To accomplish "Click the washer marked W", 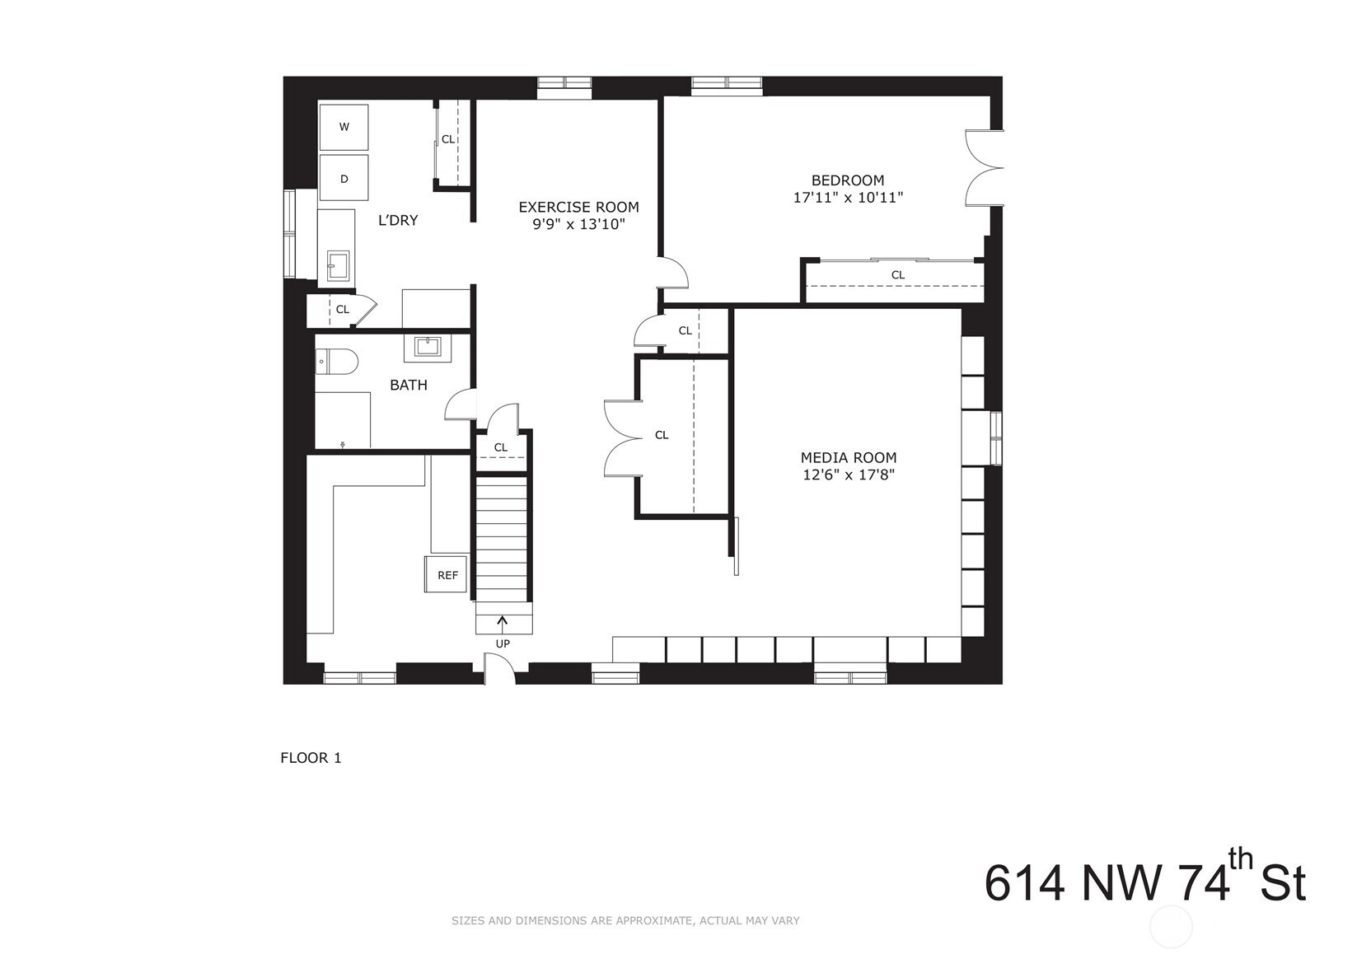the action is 344,127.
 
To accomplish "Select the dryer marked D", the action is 344,177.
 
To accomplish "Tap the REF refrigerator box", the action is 446,574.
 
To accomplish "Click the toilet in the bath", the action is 338,363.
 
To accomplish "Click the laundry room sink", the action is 338,267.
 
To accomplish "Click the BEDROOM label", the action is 848,180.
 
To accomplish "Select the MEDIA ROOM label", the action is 848,458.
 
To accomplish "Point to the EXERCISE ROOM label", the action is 578,207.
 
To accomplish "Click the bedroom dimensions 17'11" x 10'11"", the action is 848,198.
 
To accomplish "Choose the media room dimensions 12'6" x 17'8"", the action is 849,475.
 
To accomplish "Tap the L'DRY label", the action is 398,221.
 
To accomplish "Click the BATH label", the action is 409,386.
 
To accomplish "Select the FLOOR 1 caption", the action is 311,758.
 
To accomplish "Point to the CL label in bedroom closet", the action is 898,275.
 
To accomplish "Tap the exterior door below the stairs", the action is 500,668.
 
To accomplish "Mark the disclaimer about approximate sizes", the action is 625,921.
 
